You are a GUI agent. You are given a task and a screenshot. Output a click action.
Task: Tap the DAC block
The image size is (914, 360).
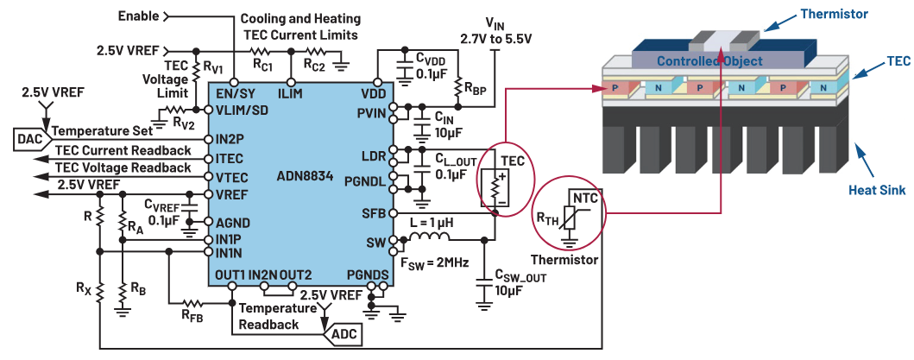coord(29,140)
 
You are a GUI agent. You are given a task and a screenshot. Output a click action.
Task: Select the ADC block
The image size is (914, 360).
coord(342,334)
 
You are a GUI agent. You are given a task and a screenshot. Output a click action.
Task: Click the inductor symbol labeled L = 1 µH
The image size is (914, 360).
coord(430,236)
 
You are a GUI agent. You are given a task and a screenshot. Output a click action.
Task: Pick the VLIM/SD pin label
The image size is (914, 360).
coord(242,111)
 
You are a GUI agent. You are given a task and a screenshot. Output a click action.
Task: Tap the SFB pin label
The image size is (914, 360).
coord(375,213)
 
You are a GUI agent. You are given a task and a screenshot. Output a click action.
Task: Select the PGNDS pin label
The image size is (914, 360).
coord(367,275)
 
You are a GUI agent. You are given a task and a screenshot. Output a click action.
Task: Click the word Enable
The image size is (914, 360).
coord(139,16)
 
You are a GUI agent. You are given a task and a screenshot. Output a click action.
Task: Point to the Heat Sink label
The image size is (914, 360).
coord(877,190)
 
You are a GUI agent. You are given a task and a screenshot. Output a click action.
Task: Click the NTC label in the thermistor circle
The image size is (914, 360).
coord(584,198)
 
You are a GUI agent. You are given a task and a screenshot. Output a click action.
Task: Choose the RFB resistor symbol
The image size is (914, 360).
coord(192,303)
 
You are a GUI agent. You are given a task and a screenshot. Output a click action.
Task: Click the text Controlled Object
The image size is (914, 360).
coord(709,60)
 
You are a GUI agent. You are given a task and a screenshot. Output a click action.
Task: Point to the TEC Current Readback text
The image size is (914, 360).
coord(123,150)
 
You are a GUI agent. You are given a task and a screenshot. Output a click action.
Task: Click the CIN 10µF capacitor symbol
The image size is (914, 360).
coord(420,125)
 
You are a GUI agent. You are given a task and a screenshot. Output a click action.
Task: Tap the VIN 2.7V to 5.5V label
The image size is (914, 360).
coord(495,31)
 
